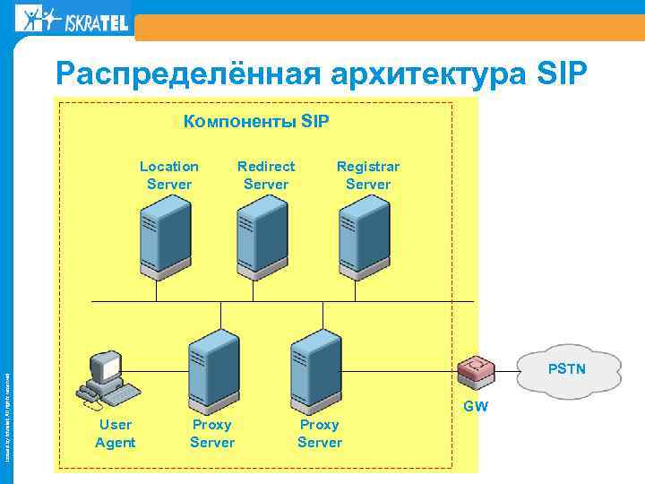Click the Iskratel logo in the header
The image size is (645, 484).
72,19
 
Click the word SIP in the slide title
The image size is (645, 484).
561,72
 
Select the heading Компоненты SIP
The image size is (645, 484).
256,121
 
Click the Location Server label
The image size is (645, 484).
169,175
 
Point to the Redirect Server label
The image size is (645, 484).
266,175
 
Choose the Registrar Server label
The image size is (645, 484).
368,175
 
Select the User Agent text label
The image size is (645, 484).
116,433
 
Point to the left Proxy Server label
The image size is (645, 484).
212,433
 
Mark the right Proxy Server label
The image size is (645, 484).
320,433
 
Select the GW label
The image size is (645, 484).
476,407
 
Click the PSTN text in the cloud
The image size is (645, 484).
567,367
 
